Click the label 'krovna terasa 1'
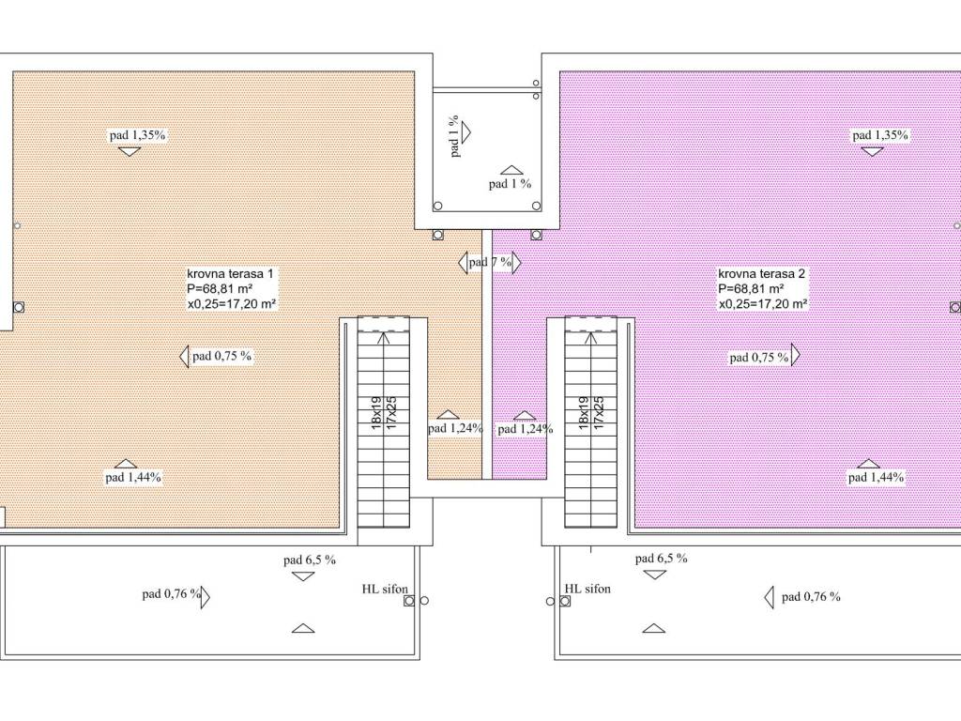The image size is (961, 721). click(x=231, y=274)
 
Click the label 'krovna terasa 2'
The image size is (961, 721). click(x=762, y=274)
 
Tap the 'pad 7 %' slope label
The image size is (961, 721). click(x=490, y=263)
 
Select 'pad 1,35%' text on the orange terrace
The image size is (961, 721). click(x=138, y=135)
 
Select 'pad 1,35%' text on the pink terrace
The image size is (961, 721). click(x=880, y=135)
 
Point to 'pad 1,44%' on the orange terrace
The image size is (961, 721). click(x=133, y=477)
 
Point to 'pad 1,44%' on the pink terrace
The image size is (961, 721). click(x=876, y=477)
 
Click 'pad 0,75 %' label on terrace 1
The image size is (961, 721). click(x=221, y=356)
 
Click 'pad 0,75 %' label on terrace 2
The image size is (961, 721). click(x=758, y=358)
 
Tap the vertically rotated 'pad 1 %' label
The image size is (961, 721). click(x=454, y=136)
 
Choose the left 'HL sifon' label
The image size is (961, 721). click(x=385, y=590)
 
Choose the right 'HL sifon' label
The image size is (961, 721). click(x=587, y=589)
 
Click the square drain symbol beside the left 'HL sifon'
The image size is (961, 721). click(x=409, y=601)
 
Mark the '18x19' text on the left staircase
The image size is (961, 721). click(x=377, y=413)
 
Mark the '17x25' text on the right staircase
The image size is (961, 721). click(x=599, y=413)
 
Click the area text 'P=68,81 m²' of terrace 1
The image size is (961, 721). click(x=220, y=289)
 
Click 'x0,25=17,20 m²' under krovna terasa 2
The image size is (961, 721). click(x=763, y=303)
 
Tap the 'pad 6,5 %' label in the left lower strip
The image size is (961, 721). click(x=310, y=560)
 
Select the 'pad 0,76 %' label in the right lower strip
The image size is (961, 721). click(x=811, y=596)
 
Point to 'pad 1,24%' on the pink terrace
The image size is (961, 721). click(x=526, y=429)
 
